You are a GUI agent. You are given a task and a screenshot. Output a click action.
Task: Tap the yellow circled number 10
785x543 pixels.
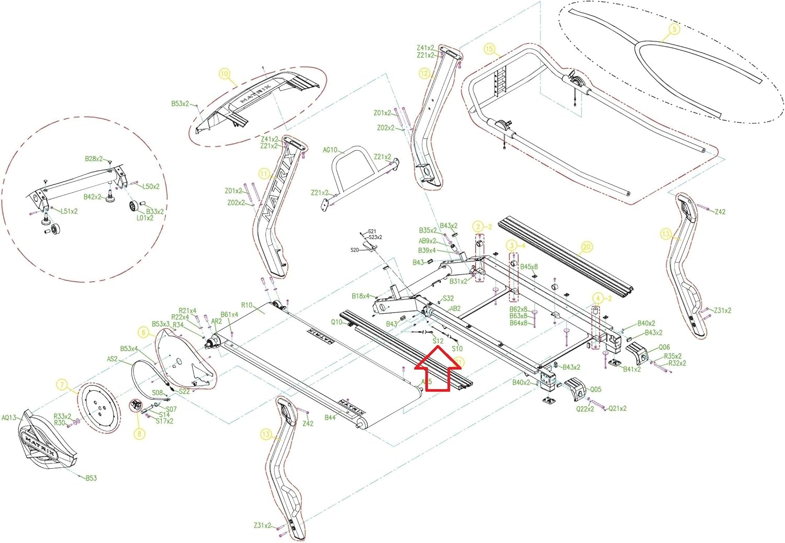coord(225,74)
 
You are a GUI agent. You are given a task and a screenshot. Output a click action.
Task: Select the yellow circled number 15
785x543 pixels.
coord(489,49)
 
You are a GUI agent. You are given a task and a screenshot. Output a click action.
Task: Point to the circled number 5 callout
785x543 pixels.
coord(674,29)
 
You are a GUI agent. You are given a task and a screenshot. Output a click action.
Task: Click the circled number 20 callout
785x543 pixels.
coord(586,247)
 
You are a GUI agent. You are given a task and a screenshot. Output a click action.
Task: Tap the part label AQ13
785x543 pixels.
coord(9,418)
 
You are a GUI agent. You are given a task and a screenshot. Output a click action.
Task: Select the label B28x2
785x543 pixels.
coord(94,159)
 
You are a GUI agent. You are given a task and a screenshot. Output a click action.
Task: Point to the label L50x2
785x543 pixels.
coord(151,186)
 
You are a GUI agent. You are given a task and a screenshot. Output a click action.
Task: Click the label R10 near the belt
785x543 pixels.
coord(246,305)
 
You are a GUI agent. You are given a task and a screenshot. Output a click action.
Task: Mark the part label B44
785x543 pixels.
coord(330,417)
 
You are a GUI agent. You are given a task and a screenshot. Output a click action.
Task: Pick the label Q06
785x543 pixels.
coord(664,347)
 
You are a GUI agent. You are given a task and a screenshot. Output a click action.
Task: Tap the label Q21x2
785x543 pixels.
coord(618,408)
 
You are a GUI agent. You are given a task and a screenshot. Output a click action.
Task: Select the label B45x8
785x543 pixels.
coord(529,267)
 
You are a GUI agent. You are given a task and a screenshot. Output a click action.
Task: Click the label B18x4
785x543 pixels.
coord(361,296)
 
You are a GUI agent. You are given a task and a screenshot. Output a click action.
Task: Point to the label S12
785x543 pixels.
coord(438,341)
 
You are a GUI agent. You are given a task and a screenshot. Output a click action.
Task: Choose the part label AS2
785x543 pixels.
coord(112,359)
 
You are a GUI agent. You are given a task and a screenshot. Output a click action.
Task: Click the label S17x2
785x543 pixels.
coord(164,421)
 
